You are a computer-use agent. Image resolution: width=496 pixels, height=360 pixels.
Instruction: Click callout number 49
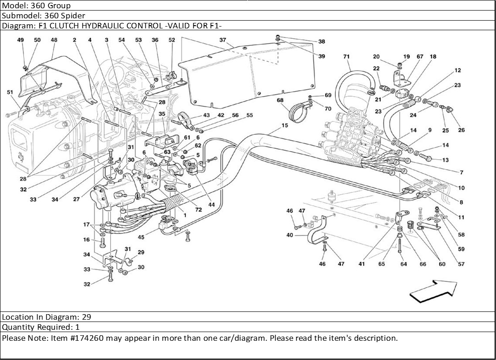click(x=21, y=40)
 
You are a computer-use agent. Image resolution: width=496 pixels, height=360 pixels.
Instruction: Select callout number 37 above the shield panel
click(x=223, y=40)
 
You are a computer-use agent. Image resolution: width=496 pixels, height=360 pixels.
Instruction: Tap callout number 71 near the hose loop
click(x=346, y=57)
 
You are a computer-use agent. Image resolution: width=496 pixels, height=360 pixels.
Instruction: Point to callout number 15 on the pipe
click(x=284, y=125)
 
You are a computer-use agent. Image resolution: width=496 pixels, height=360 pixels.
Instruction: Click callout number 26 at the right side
click(x=461, y=130)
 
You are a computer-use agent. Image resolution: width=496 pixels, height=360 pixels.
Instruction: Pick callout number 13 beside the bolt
click(x=446, y=160)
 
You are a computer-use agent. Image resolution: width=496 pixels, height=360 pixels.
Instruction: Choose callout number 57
click(x=461, y=264)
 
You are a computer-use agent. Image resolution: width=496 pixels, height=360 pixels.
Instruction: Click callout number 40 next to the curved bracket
click(x=289, y=235)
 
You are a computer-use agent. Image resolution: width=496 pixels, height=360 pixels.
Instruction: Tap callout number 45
click(x=141, y=237)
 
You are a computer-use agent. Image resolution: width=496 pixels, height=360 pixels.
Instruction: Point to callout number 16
click(x=86, y=240)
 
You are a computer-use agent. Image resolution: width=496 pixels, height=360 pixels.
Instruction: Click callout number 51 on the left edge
click(x=10, y=92)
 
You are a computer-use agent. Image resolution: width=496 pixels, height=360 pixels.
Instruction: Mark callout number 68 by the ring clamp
click(x=280, y=100)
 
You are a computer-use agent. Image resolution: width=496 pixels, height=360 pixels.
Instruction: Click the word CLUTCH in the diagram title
click(x=64, y=26)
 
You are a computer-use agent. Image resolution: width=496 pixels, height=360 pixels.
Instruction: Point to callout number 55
click(x=249, y=115)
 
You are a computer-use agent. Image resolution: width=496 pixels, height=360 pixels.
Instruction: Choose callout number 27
click(x=76, y=199)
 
